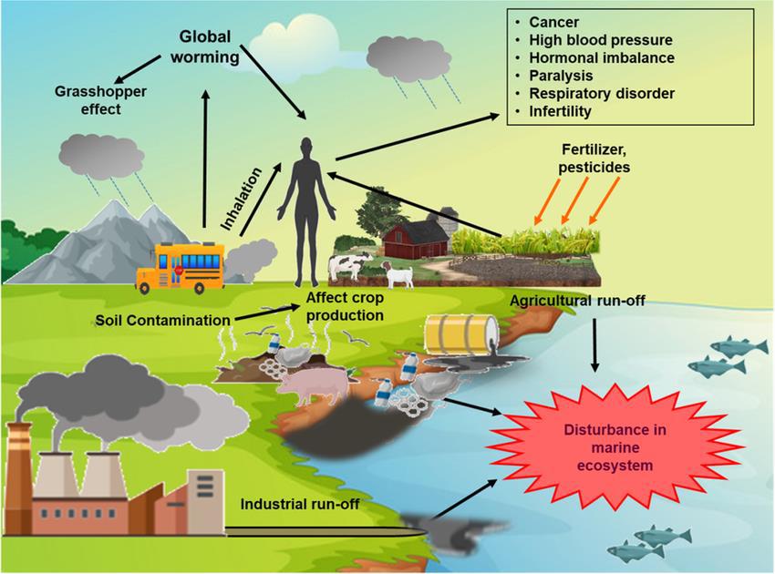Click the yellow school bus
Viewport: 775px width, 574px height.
[x=180, y=267]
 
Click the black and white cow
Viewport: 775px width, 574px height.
[x=346, y=267]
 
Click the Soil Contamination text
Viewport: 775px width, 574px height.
[x=160, y=321]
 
